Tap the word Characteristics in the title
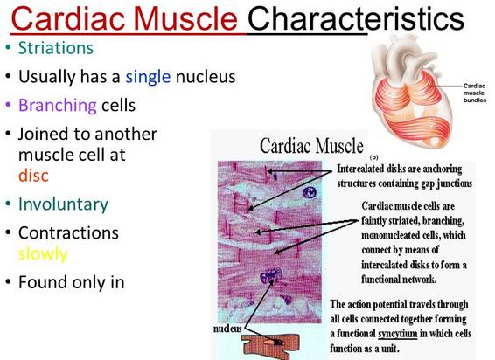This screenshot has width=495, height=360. coord(356,18)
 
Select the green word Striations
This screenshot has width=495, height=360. coord(56,48)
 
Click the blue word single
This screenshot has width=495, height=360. coord(148,76)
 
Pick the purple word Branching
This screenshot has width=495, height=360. coord(58,106)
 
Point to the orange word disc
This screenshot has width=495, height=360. coord(33,176)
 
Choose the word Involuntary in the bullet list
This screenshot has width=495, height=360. coord(63,204)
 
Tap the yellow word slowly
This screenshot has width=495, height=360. coord(43,253)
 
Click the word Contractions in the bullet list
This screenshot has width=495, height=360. coord(68,232)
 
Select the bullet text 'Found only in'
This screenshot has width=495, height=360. coord(72,282)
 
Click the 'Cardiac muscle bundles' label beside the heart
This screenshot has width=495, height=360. coord(475,93)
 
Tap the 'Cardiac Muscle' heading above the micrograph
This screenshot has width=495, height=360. coord(311,146)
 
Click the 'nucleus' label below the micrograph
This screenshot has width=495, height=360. coord(227,329)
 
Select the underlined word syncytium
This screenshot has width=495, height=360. coord(398,334)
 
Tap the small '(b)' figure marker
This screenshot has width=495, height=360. coord(373,157)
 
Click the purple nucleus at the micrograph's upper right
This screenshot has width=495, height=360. coord(310,192)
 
